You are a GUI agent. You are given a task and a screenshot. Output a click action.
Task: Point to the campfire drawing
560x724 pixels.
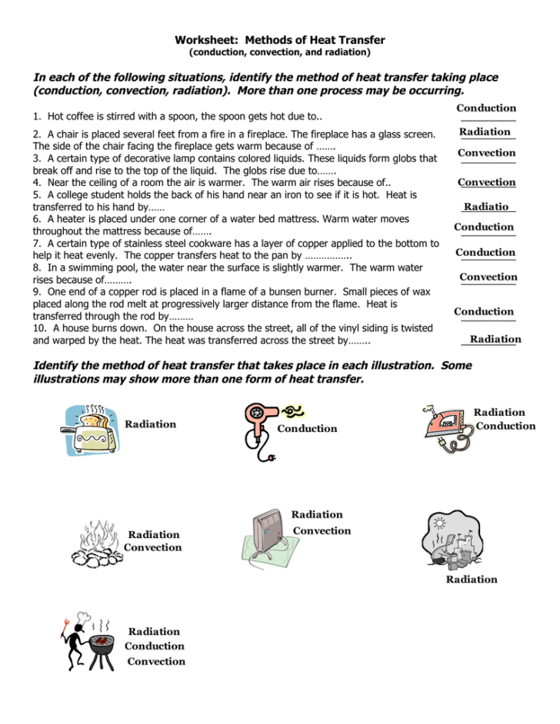(95, 543)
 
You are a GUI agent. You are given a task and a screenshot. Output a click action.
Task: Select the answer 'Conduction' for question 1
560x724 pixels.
(486, 108)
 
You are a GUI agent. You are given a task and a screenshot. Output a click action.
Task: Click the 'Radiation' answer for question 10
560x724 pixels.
(495, 339)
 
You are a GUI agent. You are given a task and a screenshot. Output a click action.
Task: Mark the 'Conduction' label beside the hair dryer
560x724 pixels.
(307, 429)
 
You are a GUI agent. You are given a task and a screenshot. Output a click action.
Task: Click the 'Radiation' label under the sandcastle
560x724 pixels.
(472, 580)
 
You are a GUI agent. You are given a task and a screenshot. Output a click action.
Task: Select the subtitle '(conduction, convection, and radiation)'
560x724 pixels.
(279, 53)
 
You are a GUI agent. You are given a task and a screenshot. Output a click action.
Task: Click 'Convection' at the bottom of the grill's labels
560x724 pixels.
(156, 661)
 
